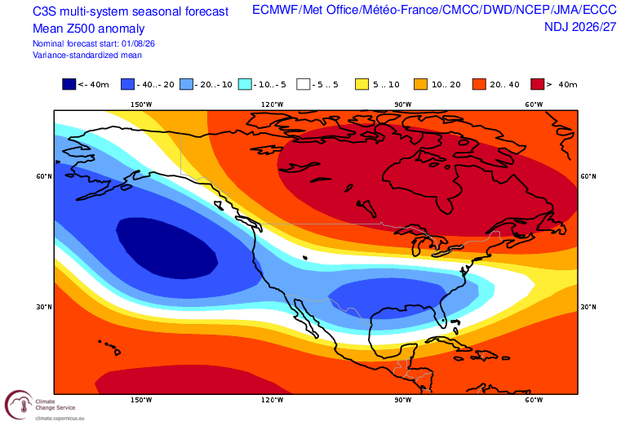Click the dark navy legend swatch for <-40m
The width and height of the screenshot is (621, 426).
coord(69,84)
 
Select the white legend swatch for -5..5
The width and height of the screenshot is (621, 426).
coord(304,84)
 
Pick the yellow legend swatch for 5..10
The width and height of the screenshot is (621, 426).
coord(362,84)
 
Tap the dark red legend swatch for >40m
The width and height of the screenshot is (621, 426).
coord(538,84)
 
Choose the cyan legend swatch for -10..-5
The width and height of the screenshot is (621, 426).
coord(245,84)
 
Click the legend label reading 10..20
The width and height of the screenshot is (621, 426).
coord(446,85)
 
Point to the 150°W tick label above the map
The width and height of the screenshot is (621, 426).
coord(141,104)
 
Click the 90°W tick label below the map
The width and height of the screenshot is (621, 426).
coord(403,400)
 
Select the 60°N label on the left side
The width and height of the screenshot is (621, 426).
coord(44,176)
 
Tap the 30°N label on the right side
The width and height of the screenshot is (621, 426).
coord(588,307)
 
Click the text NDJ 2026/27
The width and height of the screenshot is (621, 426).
coord(580,27)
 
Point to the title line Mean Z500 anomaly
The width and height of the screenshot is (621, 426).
coord(88,29)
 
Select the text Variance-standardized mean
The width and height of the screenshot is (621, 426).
coord(87,55)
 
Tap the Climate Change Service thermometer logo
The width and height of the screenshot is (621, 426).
coord(19,405)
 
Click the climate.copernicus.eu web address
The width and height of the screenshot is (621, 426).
coord(60,419)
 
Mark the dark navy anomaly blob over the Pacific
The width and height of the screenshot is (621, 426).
coord(166,248)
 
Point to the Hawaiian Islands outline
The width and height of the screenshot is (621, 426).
coord(109,347)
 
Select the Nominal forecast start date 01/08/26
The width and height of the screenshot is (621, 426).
coord(138,43)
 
